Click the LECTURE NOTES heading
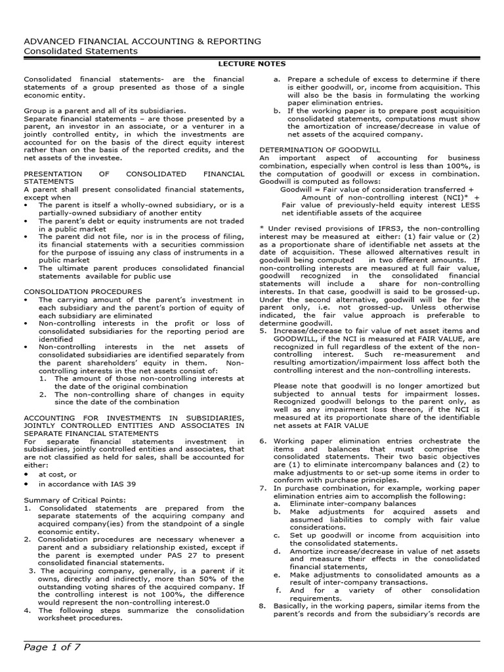click(251, 64)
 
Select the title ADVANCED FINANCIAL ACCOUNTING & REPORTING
click(142, 41)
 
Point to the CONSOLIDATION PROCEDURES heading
click(83, 291)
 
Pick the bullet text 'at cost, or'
click(58, 473)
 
